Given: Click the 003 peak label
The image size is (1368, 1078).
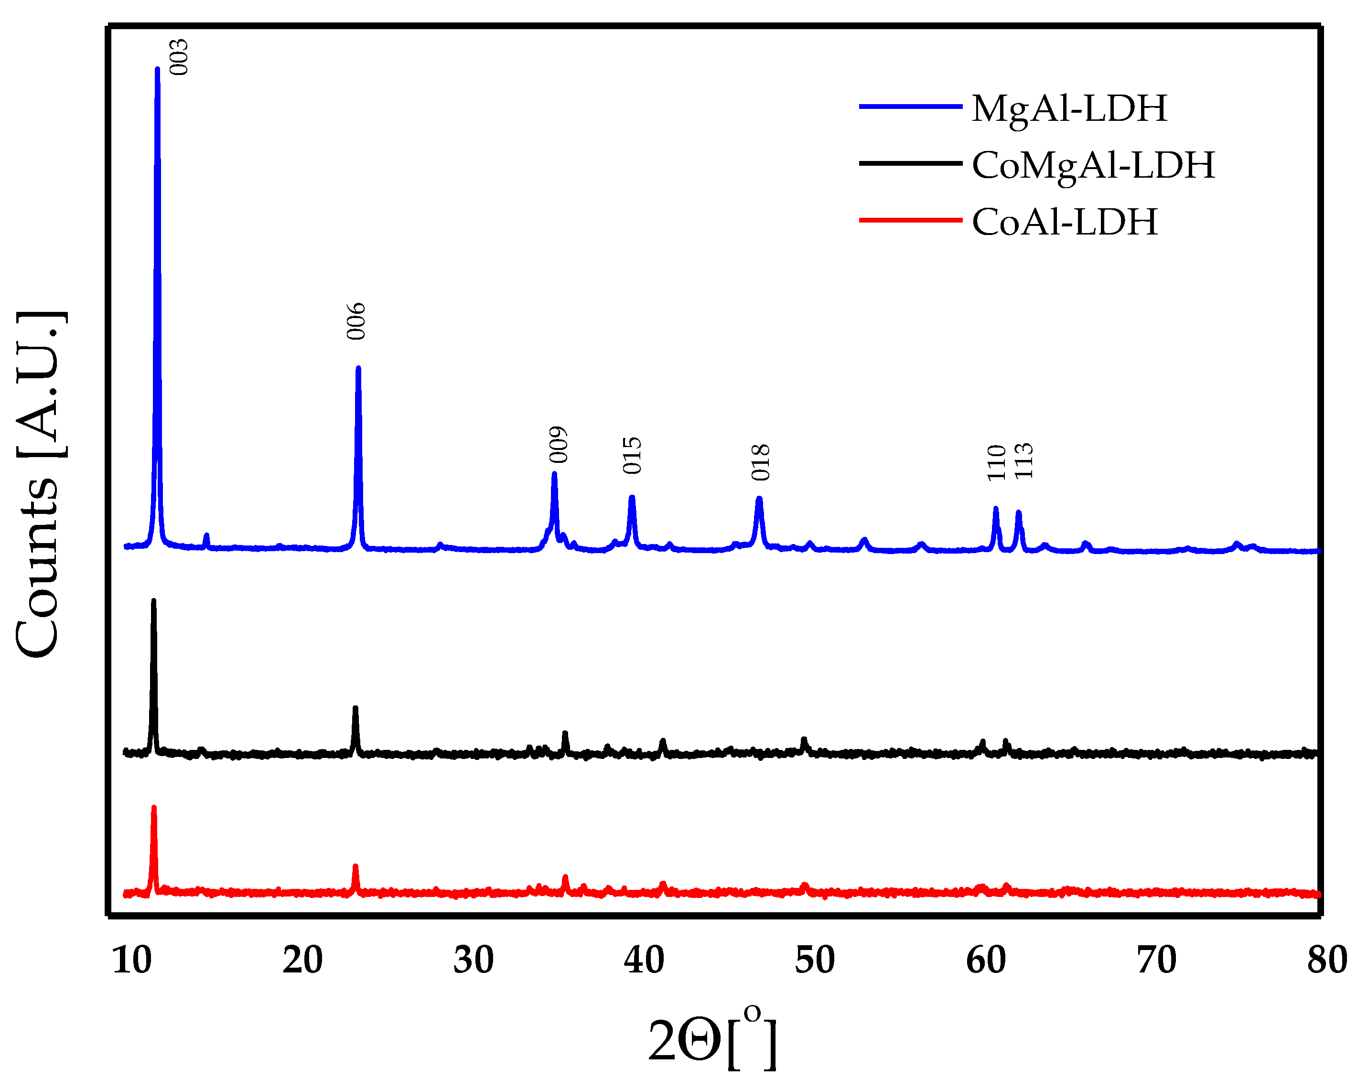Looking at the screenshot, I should pos(179,57).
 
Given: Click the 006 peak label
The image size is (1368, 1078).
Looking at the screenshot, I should pos(356,321).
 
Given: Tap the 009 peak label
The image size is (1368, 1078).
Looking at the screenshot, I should pos(558,445).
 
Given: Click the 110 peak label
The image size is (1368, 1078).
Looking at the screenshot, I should pos(996,463).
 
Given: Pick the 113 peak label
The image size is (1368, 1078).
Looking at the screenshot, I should pos(1023,461).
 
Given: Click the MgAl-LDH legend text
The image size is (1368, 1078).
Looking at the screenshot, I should pos(1069,108).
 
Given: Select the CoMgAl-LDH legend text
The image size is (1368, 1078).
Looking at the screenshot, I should pos(1093,165).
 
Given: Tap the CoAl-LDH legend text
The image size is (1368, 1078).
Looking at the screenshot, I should pos(1065,222).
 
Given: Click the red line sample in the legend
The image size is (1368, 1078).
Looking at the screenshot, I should pos(910,220).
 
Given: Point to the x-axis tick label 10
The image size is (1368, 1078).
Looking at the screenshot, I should pos(132,960).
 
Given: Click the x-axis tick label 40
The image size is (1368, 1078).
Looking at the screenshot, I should pos(644,960).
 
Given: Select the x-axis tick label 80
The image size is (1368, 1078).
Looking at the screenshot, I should pos(1327,960).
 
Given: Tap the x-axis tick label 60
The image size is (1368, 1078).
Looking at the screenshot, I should pos(985,960).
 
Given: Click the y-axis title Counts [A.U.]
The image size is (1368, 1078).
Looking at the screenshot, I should pos(39,484).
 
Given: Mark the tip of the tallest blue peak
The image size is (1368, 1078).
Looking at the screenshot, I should pos(157,69).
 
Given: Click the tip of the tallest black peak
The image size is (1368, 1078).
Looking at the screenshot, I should pos(153,601).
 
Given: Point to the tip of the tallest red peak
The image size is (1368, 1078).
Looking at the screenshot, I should pos(153,808).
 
